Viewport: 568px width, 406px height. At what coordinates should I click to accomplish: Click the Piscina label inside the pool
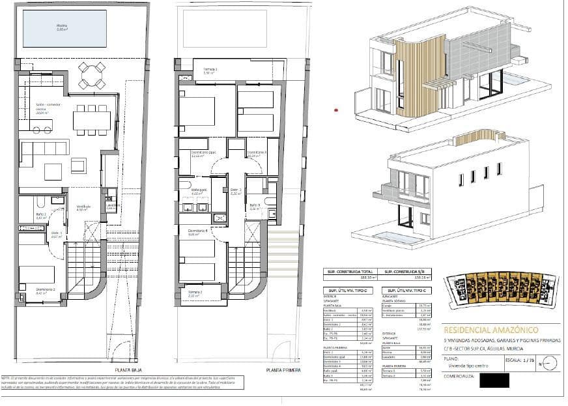(62, 27)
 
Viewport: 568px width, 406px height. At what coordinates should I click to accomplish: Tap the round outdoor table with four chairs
(91, 75)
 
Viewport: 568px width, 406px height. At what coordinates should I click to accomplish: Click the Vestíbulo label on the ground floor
(83, 209)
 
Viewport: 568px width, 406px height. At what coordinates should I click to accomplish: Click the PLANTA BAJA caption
(130, 370)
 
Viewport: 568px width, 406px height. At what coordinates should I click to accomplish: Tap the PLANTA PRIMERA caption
(283, 370)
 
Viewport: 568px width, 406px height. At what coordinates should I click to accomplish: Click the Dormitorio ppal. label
(199, 155)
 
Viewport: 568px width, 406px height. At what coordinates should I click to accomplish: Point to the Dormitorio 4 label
(198, 231)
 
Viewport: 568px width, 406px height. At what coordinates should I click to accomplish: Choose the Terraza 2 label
(194, 293)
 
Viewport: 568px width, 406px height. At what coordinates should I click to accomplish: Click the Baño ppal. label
(198, 193)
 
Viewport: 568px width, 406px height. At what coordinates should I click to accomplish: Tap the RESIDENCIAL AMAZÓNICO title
(485, 330)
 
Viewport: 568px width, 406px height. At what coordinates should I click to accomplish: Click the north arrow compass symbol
(548, 362)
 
